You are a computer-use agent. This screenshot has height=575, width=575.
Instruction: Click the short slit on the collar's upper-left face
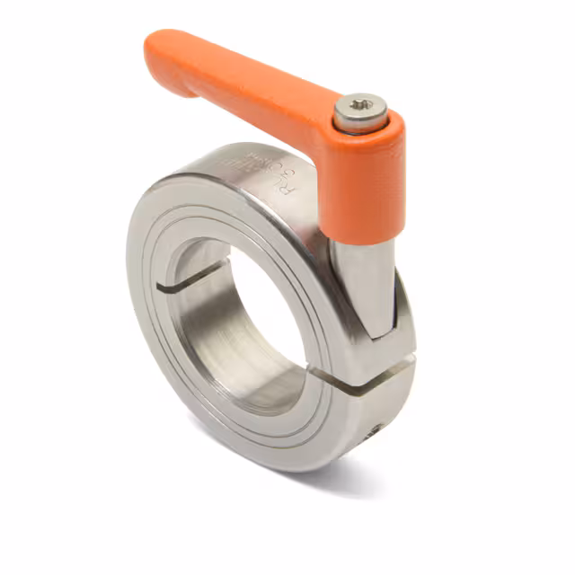(167, 287)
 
